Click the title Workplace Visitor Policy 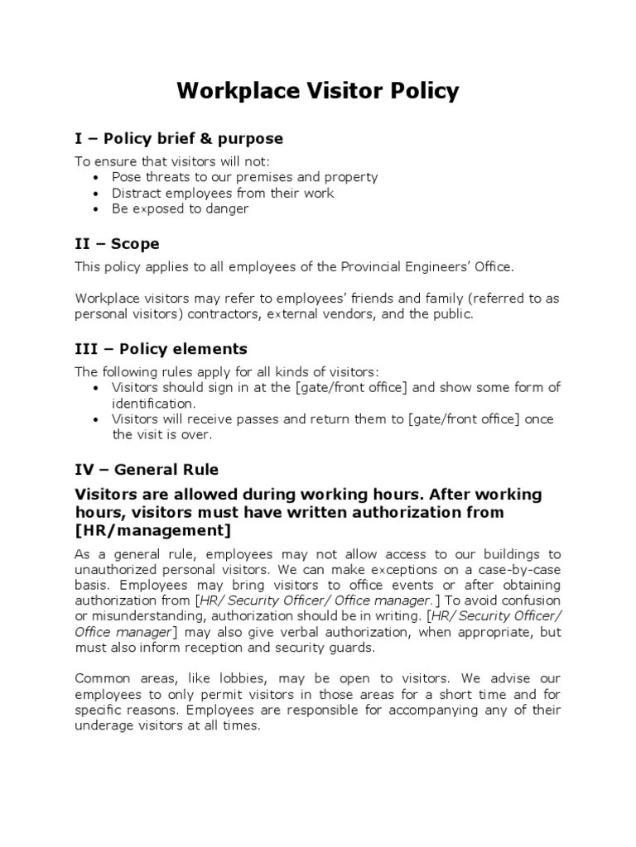tap(318, 90)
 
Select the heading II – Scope tap(117, 244)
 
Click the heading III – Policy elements tap(161, 348)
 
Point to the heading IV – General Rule tap(147, 470)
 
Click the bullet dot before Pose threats tap(98, 178)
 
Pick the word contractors tap(202, 314)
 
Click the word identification tap(153, 404)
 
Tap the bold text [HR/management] tap(153, 530)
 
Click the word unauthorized tap(114, 570)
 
